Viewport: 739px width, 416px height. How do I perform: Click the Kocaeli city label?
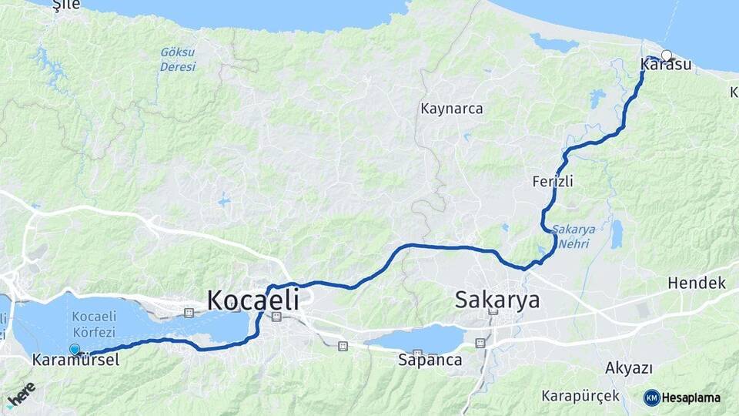252,300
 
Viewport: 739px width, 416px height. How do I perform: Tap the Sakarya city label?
497,300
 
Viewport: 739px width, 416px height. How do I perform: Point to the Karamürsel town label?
75,360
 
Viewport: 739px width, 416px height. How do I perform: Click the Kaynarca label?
452,109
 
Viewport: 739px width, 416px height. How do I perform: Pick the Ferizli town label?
553,182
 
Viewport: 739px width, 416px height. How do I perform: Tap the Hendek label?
697,283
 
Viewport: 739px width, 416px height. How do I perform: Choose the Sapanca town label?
430,360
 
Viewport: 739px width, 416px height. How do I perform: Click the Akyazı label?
629,368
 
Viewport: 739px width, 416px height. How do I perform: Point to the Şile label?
65,5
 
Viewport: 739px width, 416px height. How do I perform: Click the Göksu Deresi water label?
178,59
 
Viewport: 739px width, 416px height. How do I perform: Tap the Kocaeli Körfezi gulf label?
93,324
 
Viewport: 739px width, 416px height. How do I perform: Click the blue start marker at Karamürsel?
75,350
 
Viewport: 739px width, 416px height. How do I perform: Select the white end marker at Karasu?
667,55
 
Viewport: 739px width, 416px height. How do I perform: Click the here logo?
21,394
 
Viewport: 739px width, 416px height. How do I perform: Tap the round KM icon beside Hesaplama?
652,398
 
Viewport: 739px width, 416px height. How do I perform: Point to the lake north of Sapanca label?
416,337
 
